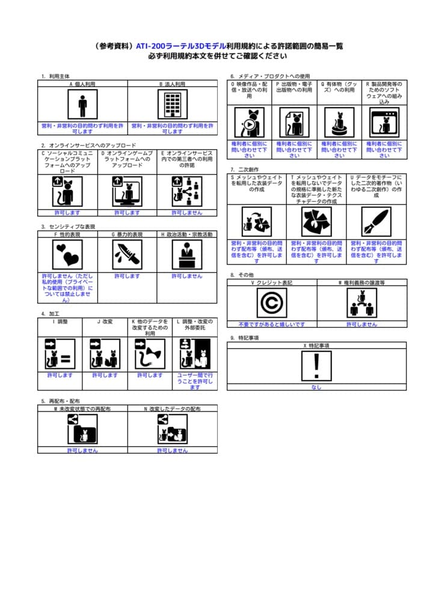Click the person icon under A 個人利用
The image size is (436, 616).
(x=82, y=106)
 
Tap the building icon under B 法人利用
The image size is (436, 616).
(x=173, y=106)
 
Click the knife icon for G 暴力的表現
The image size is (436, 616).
(x=127, y=254)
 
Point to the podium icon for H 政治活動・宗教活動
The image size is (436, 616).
(x=187, y=254)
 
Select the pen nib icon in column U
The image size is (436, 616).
(x=376, y=221)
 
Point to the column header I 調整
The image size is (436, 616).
(x=60, y=321)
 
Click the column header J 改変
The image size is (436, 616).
(x=105, y=321)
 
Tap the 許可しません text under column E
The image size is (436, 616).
(x=187, y=212)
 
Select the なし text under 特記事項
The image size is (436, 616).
(x=316, y=387)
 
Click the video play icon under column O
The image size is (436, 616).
(x=249, y=122)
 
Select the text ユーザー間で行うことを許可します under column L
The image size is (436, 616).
(x=195, y=381)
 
